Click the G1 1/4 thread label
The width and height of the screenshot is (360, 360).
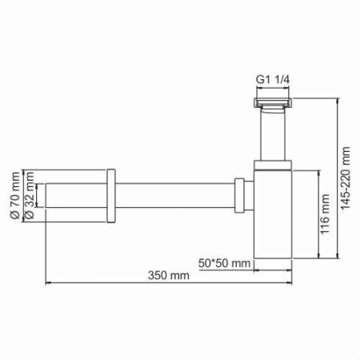[x=271, y=80]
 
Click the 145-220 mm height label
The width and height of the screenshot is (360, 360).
[x=346, y=176]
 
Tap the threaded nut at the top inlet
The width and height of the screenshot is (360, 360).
[x=272, y=102]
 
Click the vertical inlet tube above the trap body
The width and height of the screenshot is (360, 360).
[x=272, y=134]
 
